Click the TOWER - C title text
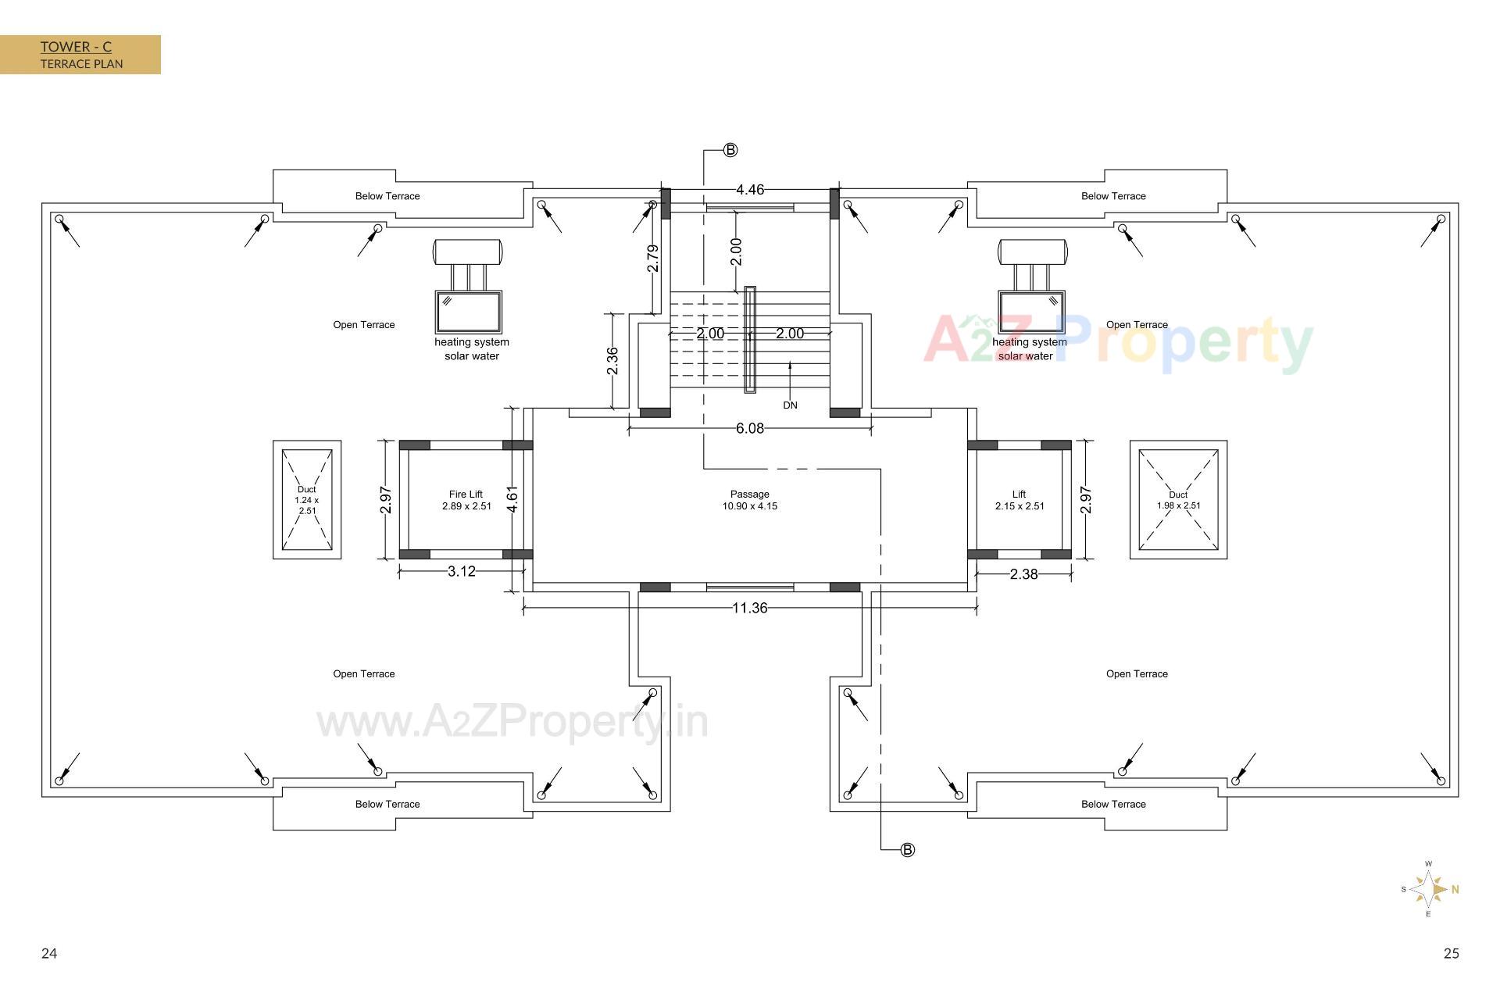(x=76, y=47)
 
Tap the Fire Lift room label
(x=466, y=500)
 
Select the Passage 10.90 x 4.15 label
(x=749, y=500)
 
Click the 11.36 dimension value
(x=749, y=608)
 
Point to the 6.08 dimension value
(x=749, y=428)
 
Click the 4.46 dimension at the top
(x=749, y=190)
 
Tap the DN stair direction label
(x=790, y=405)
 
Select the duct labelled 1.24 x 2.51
(x=307, y=500)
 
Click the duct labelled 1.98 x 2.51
(x=1178, y=500)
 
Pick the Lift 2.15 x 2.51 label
(x=1019, y=500)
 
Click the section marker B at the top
(x=730, y=150)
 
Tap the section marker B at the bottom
(x=907, y=850)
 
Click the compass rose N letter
(x=1455, y=889)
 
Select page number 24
(x=49, y=953)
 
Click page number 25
(x=1451, y=953)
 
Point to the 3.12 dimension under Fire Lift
(x=462, y=571)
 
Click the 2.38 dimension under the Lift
(x=1023, y=574)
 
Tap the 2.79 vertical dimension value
(x=653, y=259)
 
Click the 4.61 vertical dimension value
(x=512, y=499)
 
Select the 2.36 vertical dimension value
(x=612, y=361)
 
